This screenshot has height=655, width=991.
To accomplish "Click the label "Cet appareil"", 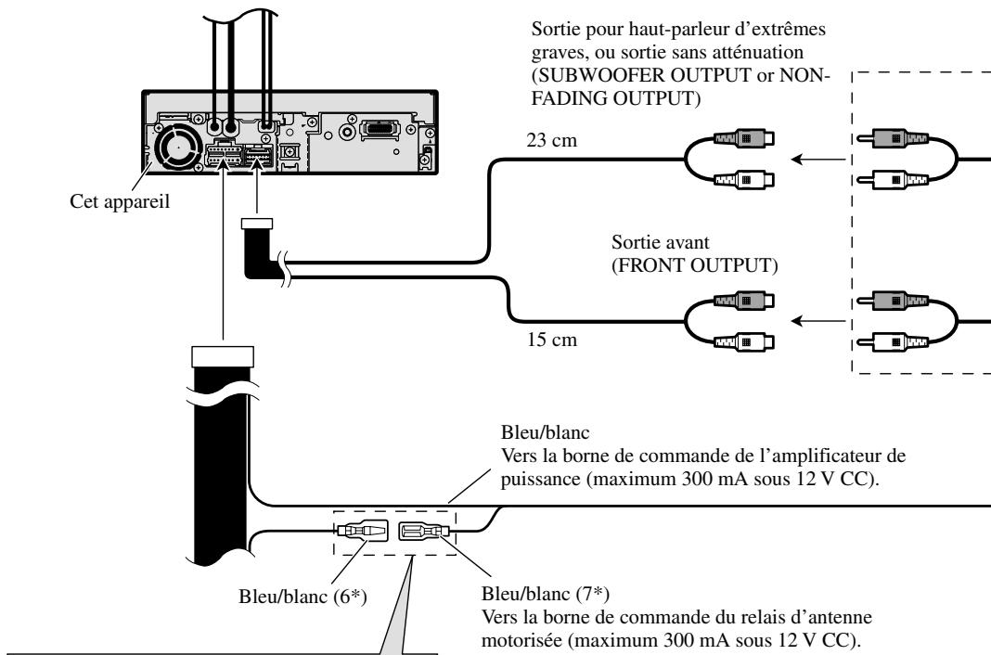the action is click(120, 201).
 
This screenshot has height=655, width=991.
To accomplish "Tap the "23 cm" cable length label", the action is click(552, 139).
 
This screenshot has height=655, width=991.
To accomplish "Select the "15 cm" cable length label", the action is click(552, 340).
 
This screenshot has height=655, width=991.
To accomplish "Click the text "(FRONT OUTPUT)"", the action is click(695, 265).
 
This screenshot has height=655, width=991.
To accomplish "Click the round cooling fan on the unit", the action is click(177, 147).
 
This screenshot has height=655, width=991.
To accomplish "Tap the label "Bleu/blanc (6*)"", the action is click(302, 597).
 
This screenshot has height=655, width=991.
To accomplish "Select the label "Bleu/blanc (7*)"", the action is click(546, 594).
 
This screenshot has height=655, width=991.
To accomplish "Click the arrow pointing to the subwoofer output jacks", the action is click(817, 160).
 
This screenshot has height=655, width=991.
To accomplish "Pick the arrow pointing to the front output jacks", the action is click(817, 321).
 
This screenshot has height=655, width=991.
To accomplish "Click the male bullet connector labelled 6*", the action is click(362, 531).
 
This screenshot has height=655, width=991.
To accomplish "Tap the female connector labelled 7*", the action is click(424, 532).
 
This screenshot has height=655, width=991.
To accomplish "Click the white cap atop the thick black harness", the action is click(222, 356).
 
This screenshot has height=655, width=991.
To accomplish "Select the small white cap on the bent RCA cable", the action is click(257, 223).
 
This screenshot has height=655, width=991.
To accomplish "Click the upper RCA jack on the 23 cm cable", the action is click(744, 138).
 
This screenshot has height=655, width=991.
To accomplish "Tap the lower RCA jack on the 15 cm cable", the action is click(744, 341).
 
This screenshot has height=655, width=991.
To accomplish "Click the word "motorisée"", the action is click(522, 640).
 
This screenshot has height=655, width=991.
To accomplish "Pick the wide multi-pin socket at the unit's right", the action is click(380, 129).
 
